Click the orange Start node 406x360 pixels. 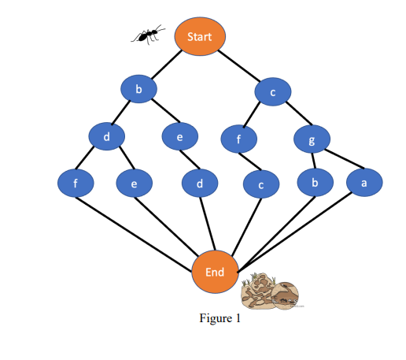[x=200, y=37]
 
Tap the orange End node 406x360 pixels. [x=215, y=272]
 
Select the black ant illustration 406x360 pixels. [x=148, y=34]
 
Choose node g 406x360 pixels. [x=312, y=140]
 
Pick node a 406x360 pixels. [x=364, y=183]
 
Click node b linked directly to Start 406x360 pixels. [x=138, y=90]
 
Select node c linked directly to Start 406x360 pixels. [x=272, y=92]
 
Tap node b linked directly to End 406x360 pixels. [x=314, y=183]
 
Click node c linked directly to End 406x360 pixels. [x=260, y=185]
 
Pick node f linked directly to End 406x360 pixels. [x=76, y=183]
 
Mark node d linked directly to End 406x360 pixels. [x=200, y=184]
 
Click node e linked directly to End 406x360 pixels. [x=134, y=184]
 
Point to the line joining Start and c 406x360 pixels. [x=240, y=68]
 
